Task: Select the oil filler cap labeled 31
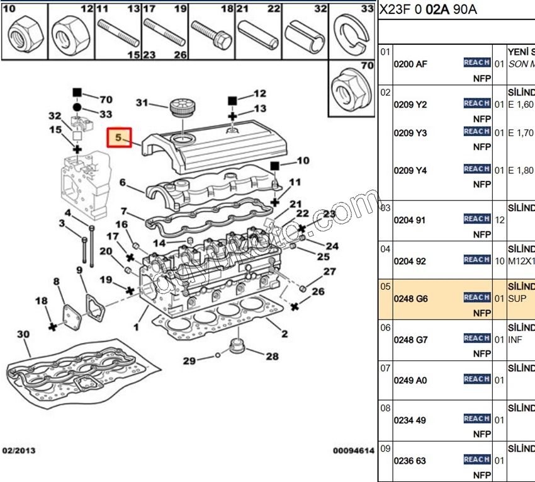click(x=181, y=108)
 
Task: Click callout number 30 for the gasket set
click(x=23, y=333)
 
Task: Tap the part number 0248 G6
click(x=410, y=299)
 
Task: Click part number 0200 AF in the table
click(x=410, y=64)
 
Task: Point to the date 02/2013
click(x=19, y=450)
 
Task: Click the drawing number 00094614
click(x=354, y=450)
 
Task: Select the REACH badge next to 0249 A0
click(x=476, y=379)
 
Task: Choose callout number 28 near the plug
click(x=271, y=357)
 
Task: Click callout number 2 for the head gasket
click(x=284, y=334)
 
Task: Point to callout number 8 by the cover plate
click(x=56, y=281)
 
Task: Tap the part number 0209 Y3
click(x=410, y=133)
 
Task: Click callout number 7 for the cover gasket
click(x=124, y=211)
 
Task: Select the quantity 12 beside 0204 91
click(x=499, y=220)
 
